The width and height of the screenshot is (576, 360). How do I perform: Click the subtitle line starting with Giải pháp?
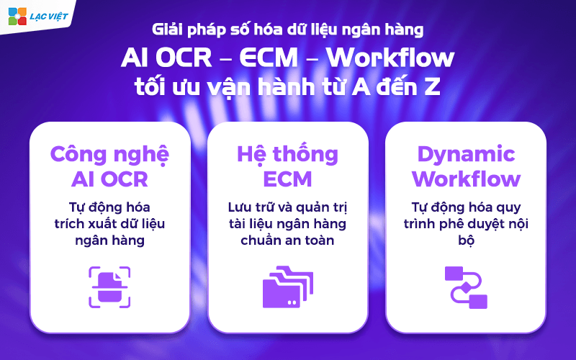[288, 30]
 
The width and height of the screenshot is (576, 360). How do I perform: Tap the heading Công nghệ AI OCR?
[109, 166]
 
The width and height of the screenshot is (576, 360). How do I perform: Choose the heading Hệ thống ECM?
[288, 166]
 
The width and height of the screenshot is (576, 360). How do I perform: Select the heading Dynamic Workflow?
[466, 166]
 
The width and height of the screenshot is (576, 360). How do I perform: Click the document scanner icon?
[109, 287]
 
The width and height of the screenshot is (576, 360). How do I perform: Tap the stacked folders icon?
[288, 287]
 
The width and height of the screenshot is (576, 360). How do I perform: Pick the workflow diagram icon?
[466, 287]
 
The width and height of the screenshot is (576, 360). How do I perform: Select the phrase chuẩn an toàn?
[288, 240]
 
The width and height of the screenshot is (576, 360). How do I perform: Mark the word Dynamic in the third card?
[466, 154]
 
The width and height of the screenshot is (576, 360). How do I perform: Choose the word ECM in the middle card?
[288, 178]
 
